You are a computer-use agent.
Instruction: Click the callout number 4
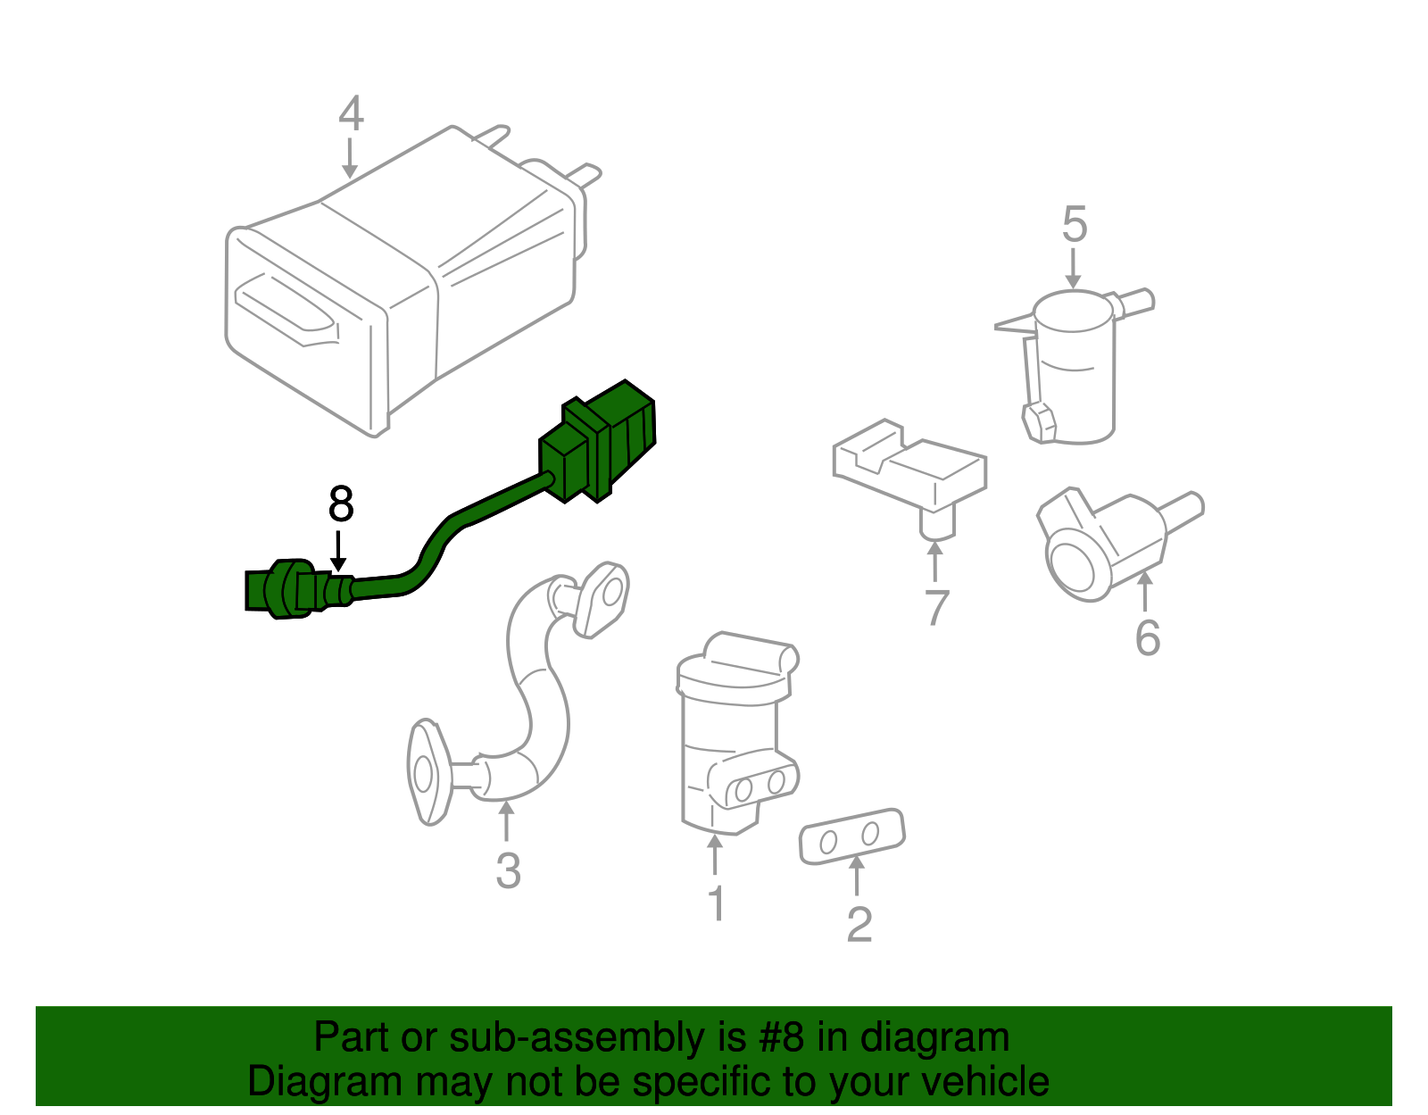tap(351, 113)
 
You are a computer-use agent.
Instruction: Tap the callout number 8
tap(341, 504)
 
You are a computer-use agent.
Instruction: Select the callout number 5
tap(1075, 224)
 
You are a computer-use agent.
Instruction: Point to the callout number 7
tap(936, 608)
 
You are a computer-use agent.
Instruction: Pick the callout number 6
tap(1148, 637)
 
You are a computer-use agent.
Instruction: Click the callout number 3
tap(508, 870)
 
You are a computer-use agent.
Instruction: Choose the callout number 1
tap(717, 903)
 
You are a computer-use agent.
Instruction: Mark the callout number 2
tap(859, 924)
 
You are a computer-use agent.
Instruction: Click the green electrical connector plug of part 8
tap(597, 441)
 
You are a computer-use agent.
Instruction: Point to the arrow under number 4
tap(350, 158)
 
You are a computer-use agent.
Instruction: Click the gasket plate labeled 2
tap(852, 836)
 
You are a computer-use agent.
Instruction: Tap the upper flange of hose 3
tap(601, 599)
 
